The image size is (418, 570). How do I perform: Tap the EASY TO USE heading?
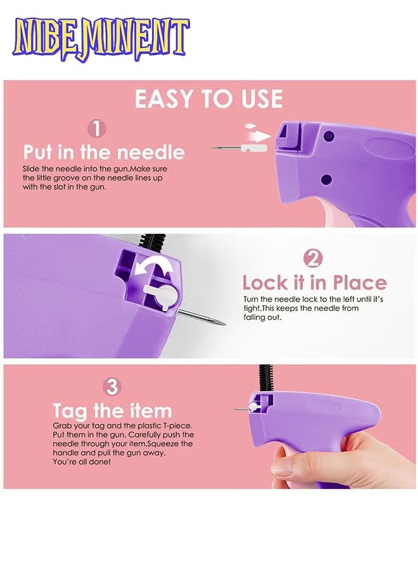(x=209, y=99)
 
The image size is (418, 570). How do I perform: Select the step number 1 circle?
(x=96, y=129)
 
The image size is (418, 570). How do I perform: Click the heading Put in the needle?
(x=104, y=152)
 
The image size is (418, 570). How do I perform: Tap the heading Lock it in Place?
(x=314, y=282)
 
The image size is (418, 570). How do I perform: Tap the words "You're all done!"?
(x=82, y=462)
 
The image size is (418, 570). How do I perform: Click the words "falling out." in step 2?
(x=262, y=317)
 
